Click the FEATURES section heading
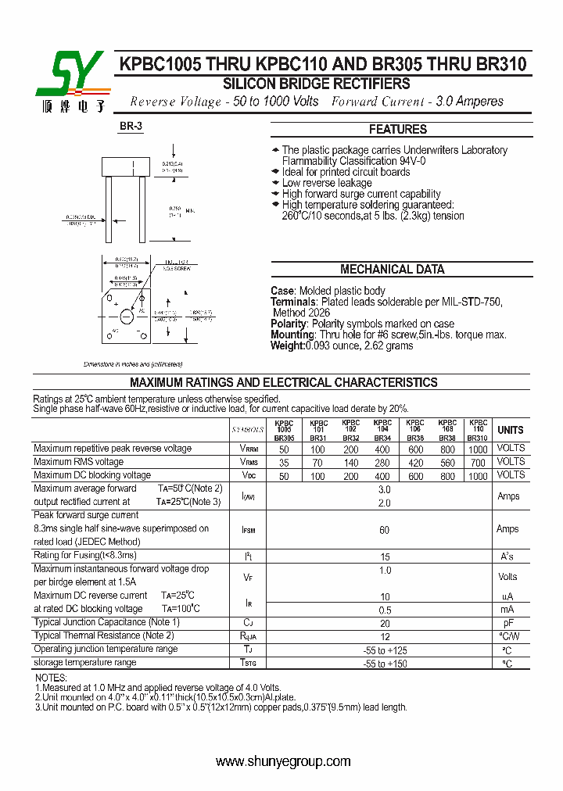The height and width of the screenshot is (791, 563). (397, 130)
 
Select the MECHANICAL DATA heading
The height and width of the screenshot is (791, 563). (393, 270)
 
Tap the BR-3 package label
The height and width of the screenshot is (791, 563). (131, 127)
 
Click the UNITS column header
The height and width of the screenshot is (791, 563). (510, 430)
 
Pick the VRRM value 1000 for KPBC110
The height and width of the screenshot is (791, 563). (478, 449)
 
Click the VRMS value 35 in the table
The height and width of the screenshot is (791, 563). (284, 463)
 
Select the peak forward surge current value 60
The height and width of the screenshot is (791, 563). (384, 530)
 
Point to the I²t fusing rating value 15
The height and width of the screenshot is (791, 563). (384, 557)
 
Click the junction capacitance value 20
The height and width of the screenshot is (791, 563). (384, 624)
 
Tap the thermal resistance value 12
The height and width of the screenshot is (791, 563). (384, 637)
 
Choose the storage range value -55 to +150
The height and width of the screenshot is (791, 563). (384, 664)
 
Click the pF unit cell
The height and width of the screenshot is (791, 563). (507, 624)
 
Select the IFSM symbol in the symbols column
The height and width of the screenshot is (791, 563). (248, 530)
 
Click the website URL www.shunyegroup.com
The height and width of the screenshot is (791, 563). (282, 761)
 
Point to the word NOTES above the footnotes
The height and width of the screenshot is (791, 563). (52, 678)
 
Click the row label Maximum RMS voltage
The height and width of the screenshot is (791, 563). (78, 462)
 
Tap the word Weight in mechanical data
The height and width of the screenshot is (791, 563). (287, 345)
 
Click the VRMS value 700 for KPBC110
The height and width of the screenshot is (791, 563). (478, 463)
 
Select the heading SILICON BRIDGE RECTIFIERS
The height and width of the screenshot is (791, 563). (316, 84)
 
